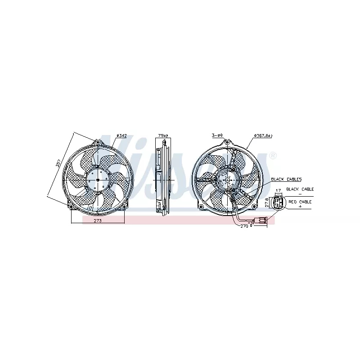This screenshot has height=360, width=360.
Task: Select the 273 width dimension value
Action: tap(97, 221)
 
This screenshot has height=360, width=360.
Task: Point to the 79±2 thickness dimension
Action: tap(163, 135)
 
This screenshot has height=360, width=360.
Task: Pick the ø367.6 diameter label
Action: tap(263, 135)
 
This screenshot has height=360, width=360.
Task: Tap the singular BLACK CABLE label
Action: tap(300, 189)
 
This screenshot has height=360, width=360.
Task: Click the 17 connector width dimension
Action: tap(278, 190)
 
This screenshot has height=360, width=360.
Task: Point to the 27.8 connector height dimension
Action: tap(267, 202)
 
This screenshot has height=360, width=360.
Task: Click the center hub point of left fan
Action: tap(98, 179)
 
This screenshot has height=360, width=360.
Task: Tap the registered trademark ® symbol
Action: tap(272, 156)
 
